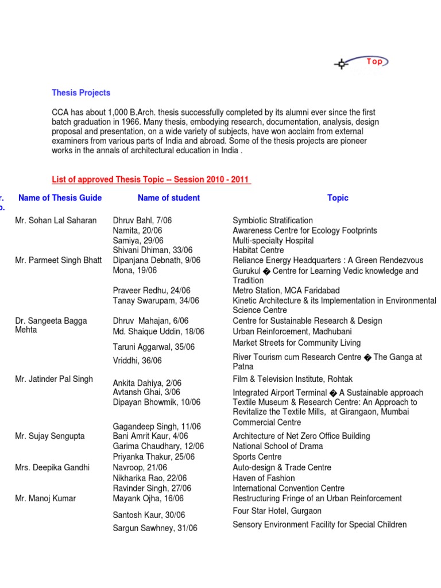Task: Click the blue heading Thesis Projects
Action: (81, 92)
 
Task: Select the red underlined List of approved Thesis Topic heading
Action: (152, 180)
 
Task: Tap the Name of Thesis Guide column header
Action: (60, 198)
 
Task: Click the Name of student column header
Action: (169, 198)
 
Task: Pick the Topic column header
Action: (338, 198)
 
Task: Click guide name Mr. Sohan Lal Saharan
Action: (56, 220)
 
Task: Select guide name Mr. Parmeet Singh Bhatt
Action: (58, 260)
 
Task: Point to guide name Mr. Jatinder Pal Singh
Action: (54, 379)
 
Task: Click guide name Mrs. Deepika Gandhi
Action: (52, 467)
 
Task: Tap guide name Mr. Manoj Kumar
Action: (45, 498)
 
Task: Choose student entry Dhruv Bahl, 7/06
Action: (142, 220)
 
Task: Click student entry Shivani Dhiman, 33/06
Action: (153, 250)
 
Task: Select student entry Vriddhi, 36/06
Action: (137, 361)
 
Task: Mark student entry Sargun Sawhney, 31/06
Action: (155, 528)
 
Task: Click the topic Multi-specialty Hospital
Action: (273, 241)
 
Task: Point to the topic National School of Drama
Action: (278, 446)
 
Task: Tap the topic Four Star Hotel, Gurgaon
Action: (277, 511)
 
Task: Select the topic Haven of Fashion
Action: (264, 478)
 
